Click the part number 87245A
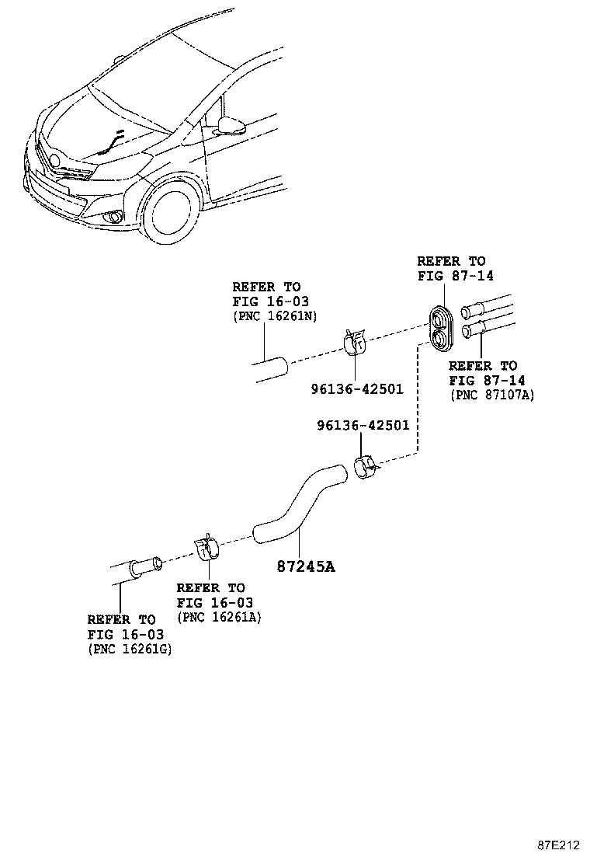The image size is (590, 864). (x=306, y=566)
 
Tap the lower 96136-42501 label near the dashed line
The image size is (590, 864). (x=363, y=425)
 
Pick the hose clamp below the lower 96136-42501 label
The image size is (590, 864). (x=366, y=469)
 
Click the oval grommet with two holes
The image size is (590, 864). (x=442, y=327)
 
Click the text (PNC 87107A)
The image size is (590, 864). (x=491, y=395)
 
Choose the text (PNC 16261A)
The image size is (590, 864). (x=219, y=617)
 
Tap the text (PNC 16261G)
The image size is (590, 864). (x=130, y=649)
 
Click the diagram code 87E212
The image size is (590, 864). (x=559, y=845)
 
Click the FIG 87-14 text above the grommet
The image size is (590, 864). (x=455, y=276)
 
